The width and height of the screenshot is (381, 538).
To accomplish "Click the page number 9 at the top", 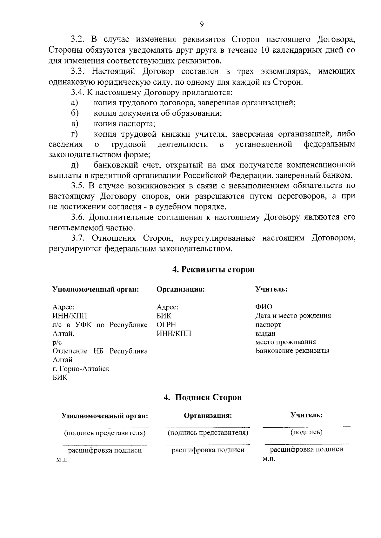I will pos(202,24).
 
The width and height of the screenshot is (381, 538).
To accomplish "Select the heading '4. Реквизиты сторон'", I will pos(213,270).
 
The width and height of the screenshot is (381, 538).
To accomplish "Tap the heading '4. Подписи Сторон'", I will pos(203,397).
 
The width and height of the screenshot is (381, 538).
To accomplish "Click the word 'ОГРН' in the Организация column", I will pos(166,325).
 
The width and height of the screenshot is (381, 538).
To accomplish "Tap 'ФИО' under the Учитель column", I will pos(264,307).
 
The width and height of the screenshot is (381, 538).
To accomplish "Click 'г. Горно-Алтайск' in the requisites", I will pos(81,369).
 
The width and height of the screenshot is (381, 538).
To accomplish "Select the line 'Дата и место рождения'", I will pos(293,316).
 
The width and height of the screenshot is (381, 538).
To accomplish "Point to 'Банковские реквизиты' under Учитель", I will pos(292,351).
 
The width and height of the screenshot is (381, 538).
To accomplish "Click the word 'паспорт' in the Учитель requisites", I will pos(268,325).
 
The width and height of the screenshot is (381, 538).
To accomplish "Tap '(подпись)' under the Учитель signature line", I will pos(306,432).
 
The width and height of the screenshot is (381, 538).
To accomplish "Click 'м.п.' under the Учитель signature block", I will pos(269,459).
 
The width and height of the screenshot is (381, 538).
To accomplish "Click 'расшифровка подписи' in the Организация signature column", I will pos(208,450).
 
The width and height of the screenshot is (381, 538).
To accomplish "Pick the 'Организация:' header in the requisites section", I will pos(180,290).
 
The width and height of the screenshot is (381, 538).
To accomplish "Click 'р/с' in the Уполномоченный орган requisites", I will pos(57,342).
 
